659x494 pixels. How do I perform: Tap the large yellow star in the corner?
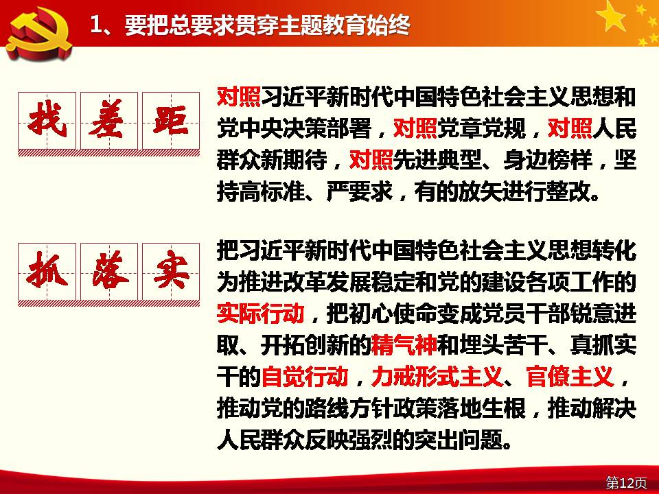611,16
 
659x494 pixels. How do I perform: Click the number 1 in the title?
96,25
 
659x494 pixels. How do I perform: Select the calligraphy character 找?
47,119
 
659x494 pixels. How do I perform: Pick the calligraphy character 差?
109,119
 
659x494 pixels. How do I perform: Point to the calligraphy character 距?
171,119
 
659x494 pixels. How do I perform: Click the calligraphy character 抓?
47,271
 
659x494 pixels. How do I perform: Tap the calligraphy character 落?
109,271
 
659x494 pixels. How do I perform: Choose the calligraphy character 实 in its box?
171,271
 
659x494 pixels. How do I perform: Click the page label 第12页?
626,483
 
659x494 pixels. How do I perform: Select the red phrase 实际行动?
261,313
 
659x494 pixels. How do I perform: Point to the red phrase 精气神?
404,344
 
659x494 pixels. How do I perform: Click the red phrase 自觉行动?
305,376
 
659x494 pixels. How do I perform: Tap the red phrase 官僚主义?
570,376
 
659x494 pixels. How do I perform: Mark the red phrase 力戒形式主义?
437,376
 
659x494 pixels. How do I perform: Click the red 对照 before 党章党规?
415,128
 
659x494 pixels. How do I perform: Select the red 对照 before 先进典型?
371,160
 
